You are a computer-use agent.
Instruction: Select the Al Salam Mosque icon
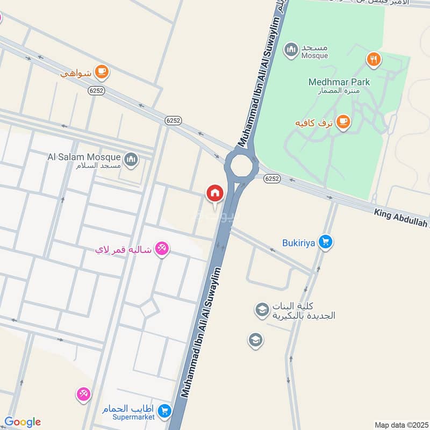click(x=131, y=159)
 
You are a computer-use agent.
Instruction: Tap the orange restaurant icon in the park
click(x=374, y=59)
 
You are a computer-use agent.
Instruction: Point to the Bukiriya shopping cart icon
click(x=325, y=242)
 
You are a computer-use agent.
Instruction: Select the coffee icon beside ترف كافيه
click(x=343, y=123)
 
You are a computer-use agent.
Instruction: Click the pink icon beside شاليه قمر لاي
click(x=161, y=249)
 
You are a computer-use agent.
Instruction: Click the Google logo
click(x=23, y=422)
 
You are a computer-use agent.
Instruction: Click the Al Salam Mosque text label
click(x=84, y=157)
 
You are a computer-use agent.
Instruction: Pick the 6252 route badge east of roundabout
click(x=273, y=179)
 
